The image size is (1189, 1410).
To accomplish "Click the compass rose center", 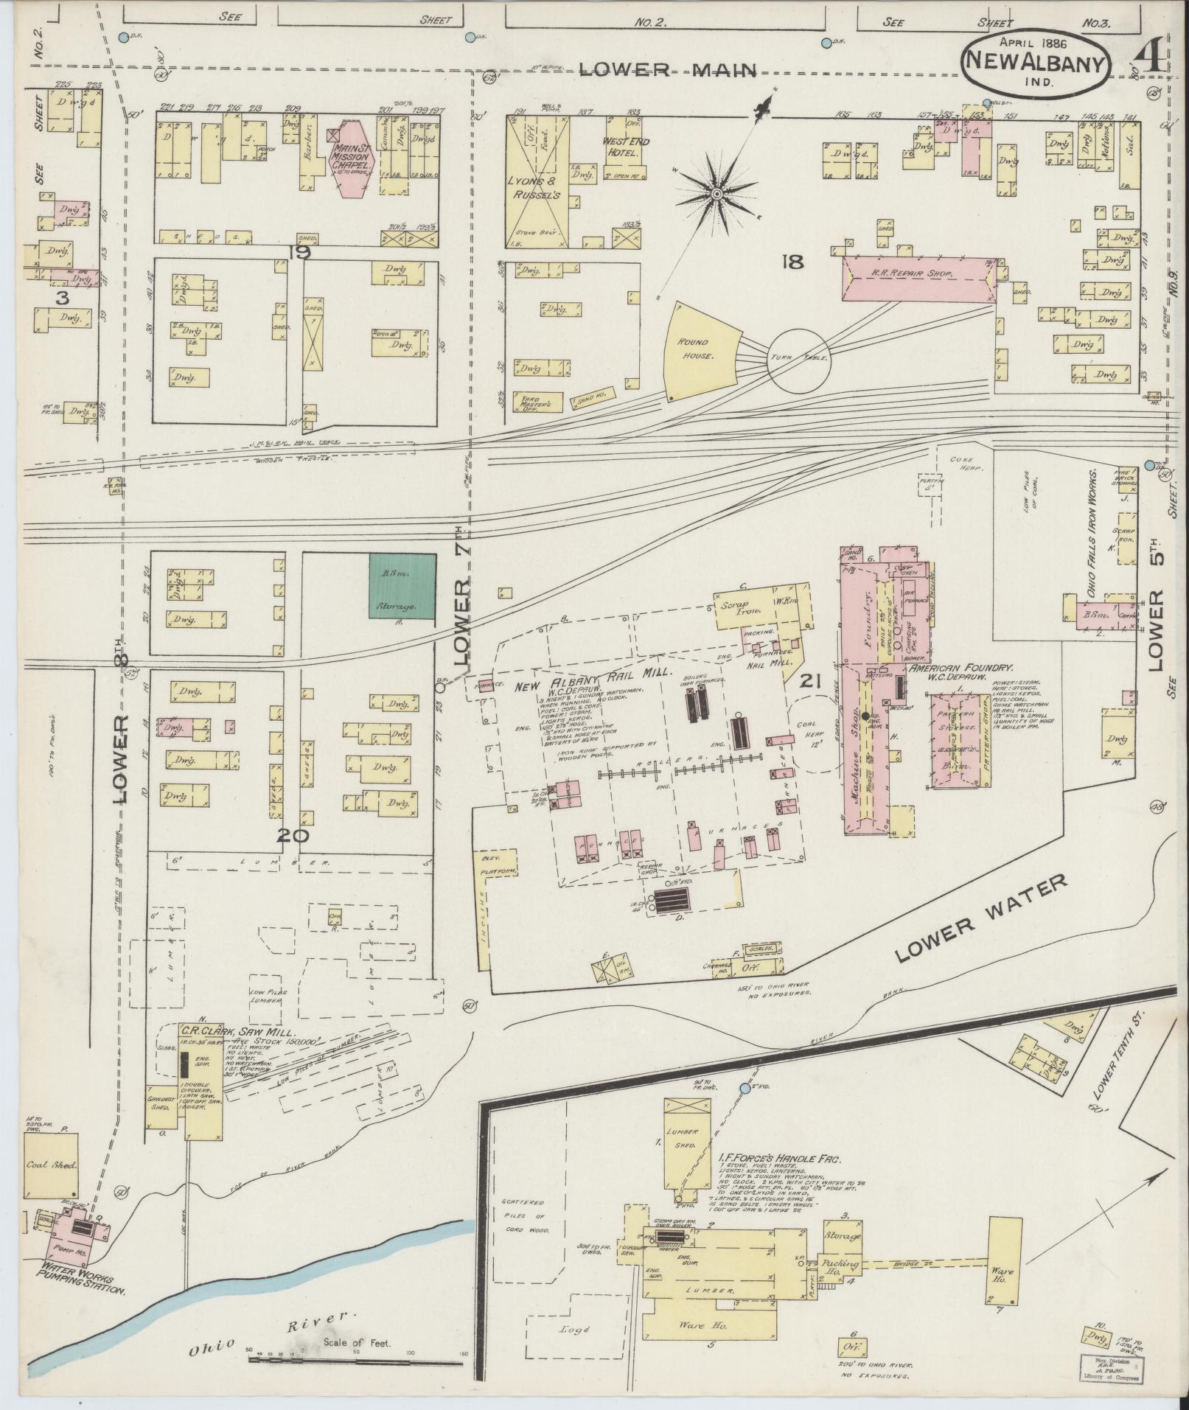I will (x=716, y=194).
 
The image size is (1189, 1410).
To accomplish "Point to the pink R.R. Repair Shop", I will (x=918, y=278).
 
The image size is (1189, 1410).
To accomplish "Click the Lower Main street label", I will (x=668, y=70).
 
